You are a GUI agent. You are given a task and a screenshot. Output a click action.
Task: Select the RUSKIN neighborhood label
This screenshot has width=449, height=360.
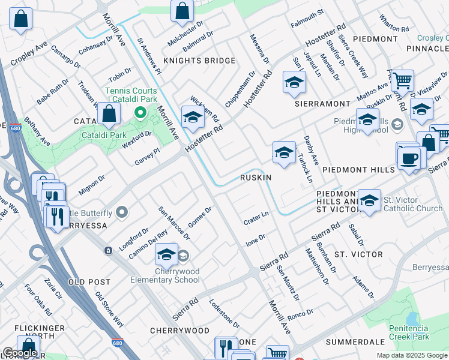coord(256,178)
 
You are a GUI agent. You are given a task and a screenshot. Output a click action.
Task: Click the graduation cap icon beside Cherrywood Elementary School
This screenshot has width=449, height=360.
coord(167,255)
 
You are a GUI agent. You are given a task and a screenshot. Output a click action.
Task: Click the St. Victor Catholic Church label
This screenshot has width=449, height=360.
coord(413,204)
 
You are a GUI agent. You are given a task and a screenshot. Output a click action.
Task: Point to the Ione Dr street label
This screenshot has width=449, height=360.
coord(255,240)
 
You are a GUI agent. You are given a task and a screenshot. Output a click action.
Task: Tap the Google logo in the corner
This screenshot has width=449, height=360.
coord(20,353)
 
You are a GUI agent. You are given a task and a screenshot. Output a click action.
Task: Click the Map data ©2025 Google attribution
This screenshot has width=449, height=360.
coord(412,355)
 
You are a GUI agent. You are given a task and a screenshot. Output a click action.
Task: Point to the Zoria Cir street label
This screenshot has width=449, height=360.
coord(53,289)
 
